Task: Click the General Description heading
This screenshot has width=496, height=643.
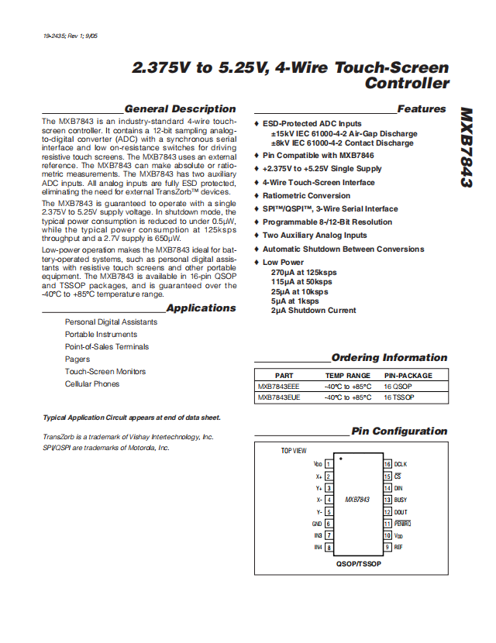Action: pos(180,109)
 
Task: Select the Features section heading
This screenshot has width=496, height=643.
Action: pos(422,109)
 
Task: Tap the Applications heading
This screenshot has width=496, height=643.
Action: pos(201,308)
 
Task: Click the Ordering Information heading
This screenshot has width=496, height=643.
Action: pos(389,358)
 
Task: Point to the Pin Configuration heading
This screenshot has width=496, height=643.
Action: pos(399,432)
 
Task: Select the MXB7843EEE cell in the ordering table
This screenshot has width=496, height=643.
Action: pos(279,386)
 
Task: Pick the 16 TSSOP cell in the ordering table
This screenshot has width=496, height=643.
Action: pos(399,397)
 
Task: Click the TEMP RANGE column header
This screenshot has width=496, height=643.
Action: pos(347,375)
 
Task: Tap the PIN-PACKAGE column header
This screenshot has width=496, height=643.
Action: pos(408,375)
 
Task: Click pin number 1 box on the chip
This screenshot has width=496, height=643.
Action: pos(329,464)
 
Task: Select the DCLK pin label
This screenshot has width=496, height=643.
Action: pos(401,464)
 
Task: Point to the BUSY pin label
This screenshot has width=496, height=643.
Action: pos(401,500)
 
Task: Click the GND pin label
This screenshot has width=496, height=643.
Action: pos(316,524)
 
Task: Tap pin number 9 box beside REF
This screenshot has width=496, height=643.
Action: pos(387,547)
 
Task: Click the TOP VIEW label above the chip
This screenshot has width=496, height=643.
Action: pos(294,450)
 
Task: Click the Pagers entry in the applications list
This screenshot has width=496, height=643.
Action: pos(77,359)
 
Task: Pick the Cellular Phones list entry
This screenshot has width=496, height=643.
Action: pos(92,384)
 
